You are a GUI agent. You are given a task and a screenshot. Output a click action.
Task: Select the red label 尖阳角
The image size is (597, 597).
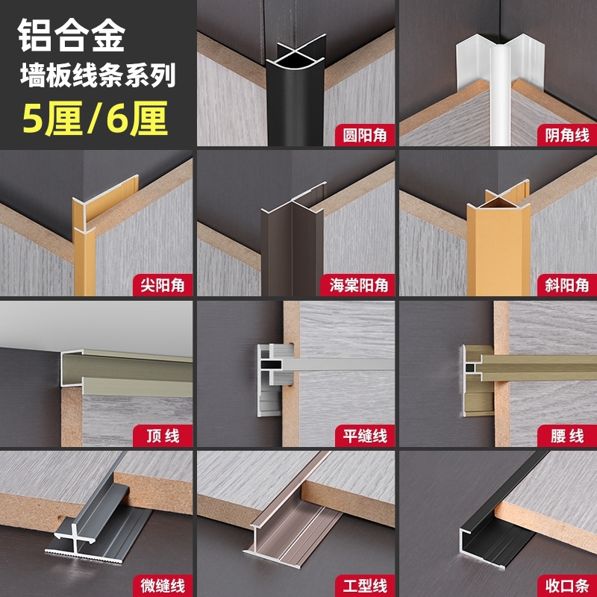(162, 284)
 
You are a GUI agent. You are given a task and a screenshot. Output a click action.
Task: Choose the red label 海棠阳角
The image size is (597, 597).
(358, 284)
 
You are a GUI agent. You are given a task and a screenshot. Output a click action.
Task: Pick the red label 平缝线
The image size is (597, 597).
(363, 435)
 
